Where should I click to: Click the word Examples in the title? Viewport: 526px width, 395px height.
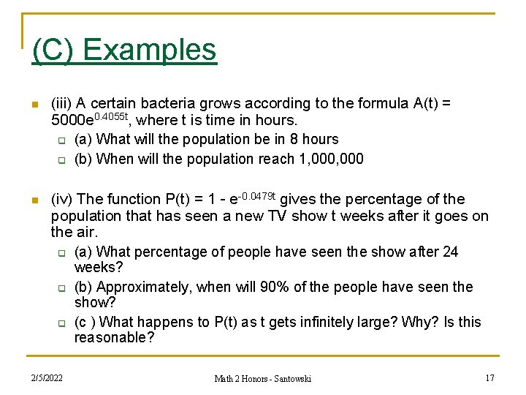tap(150, 50)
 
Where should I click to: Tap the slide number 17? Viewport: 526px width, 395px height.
tap(490, 378)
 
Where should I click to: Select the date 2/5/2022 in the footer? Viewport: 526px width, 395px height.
tap(47, 378)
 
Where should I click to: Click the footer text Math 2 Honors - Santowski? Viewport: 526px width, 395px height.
tap(262, 378)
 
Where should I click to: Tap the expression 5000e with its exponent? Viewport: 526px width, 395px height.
tap(89, 120)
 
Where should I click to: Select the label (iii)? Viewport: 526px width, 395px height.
tap(63, 103)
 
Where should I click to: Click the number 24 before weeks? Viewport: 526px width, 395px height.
tap(450, 252)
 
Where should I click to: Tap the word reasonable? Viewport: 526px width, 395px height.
tap(114, 337)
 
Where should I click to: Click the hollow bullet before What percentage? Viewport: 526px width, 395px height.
tap(62, 253)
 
